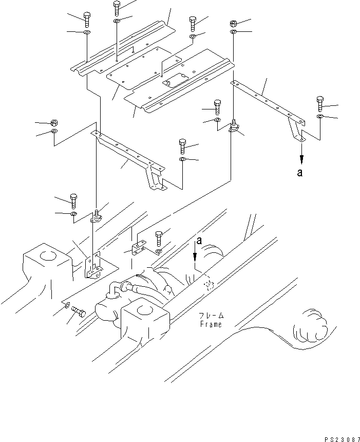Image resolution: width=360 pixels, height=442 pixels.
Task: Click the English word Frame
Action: [211, 324]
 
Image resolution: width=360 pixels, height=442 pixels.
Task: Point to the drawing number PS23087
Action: [342, 439]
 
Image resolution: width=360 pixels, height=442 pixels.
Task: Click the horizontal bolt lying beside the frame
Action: [79, 312]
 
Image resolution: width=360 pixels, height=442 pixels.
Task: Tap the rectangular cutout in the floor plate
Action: [175, 80]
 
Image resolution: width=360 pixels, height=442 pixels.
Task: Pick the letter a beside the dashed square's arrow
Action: [199, 241]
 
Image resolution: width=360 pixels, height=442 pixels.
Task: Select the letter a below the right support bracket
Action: [300, 172]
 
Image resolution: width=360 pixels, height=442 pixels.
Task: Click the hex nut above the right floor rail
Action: [234, 24]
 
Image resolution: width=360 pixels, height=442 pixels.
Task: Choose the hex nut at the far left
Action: [54, 123]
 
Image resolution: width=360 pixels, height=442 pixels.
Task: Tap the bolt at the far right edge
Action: [320, 104]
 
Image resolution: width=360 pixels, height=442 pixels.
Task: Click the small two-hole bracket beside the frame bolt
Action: [138, 247]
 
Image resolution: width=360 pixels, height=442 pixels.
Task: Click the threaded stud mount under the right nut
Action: [233, 126]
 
